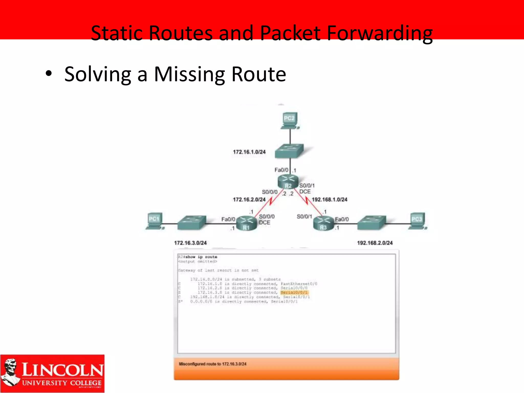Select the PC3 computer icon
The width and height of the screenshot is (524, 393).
click(x=417, y=221)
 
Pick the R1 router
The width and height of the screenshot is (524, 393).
click(x=246, y=223)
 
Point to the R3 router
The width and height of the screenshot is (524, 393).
click(x=324, y=223)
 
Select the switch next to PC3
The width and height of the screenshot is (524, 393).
click(x=372, y=223)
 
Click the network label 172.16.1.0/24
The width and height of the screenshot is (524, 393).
click(x=249, y=152)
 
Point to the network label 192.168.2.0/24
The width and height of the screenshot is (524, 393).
click(x=375, y=243)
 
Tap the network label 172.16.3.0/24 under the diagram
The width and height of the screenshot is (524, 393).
click(x=190, y=243)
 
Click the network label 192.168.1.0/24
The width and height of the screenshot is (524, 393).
click(x=330, y=200)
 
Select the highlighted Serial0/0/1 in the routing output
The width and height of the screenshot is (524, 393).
click(x=294, y=292)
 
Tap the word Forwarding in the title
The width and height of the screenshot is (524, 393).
click(x=379, y=33)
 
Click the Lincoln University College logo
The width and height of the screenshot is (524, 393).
click(x=52, y=373)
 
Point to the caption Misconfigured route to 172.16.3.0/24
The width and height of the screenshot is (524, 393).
click(x=213, y=364)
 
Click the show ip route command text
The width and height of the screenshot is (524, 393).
click(x=201, y=257)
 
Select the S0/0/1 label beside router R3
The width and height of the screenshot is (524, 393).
click(x=304, y=217)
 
